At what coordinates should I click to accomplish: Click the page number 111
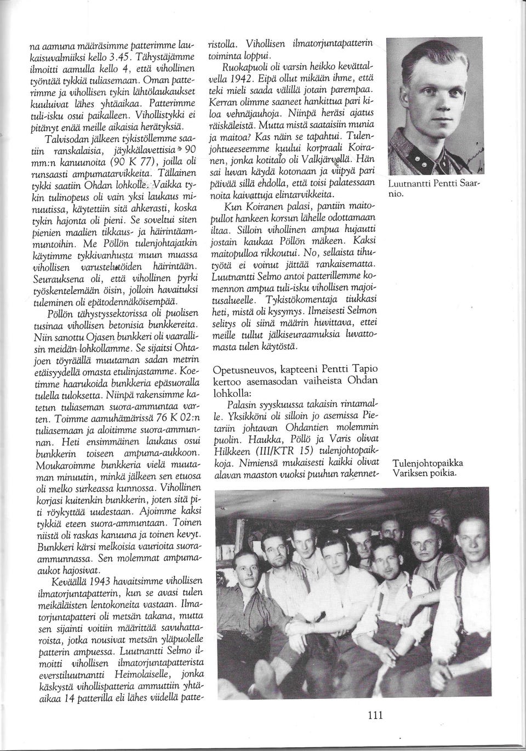coord(374,715)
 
